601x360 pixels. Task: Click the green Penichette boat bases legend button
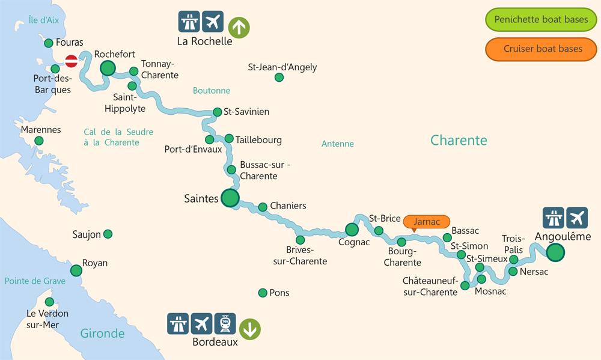pos(541,20)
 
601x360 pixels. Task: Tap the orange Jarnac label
pos(427,222)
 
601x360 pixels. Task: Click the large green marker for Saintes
pos(230,198)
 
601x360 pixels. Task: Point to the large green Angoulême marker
pos(556,252)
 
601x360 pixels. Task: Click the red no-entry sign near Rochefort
pos(72,61)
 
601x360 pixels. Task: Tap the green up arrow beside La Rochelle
pos(239,27)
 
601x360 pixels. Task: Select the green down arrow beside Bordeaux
pos(250,329)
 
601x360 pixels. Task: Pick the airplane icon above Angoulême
pos(576,218)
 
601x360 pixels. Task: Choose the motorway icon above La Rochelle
pos(189,22)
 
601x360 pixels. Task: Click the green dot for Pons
pos(262,293)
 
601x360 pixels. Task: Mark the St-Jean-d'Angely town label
pos(282,67)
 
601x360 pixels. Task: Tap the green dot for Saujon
pos(108,234)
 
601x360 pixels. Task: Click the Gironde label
pos(102,334)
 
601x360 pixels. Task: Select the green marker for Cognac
pos(352,229)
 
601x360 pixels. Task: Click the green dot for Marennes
pos(39,141)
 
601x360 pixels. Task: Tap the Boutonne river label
pos(212,91)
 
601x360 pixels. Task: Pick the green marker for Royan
pos(76,270)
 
